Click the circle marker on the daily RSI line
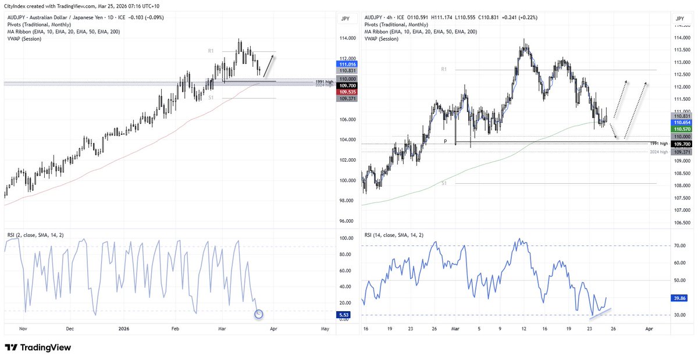click(x=259, y=314)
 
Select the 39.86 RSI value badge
click(x=680, y=298)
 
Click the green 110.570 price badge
click(x=680, y=129)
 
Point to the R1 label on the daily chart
click(x=211, y=51)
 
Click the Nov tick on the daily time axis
click(x=24, y=329)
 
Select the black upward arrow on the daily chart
click(x=269, y=65)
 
